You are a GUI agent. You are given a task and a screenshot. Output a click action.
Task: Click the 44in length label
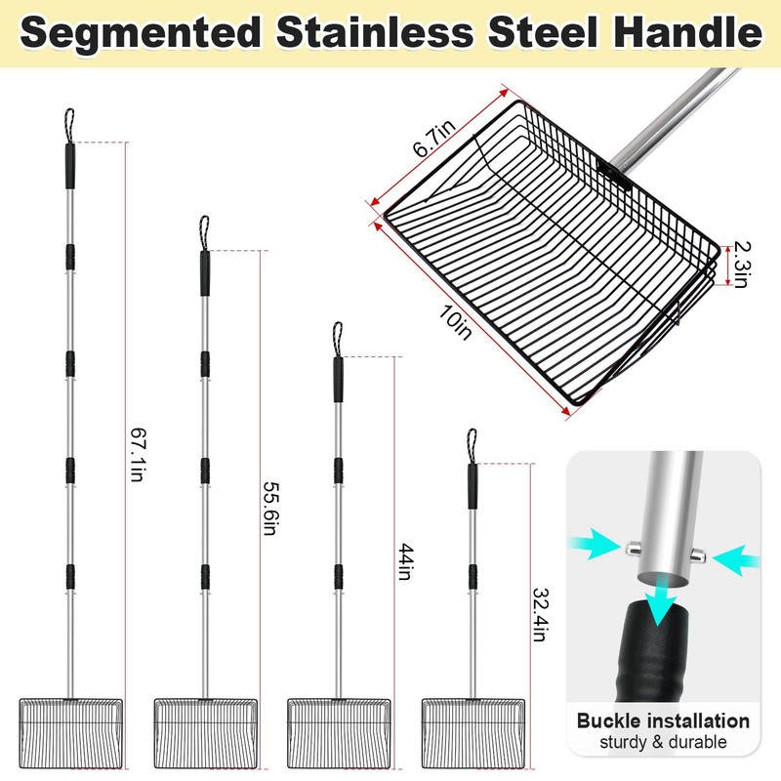point(403,564)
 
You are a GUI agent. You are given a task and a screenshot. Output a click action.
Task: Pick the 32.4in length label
point(538,613)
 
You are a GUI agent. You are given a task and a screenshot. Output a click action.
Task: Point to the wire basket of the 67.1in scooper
point(70,732)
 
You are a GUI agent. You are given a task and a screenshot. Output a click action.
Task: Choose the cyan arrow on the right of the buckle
point(738,559)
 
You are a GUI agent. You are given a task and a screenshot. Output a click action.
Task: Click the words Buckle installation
point(663,721)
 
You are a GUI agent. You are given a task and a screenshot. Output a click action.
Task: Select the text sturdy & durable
point(663,743)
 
